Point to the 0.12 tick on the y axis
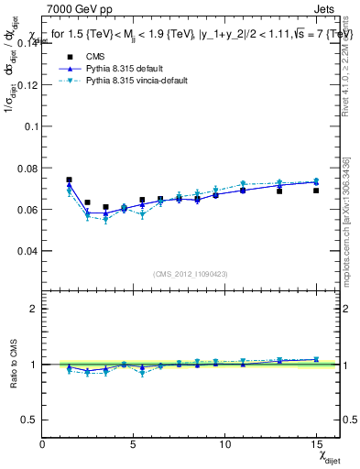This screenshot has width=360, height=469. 26,84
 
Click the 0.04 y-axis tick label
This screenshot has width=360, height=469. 26,250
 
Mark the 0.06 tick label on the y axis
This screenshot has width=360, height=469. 26,209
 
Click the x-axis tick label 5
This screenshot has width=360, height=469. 134,443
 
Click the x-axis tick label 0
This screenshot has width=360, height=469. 43,443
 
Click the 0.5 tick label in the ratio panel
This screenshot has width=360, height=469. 27,420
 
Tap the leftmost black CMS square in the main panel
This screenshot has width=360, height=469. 69,180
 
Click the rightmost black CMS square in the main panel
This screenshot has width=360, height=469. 316,191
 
